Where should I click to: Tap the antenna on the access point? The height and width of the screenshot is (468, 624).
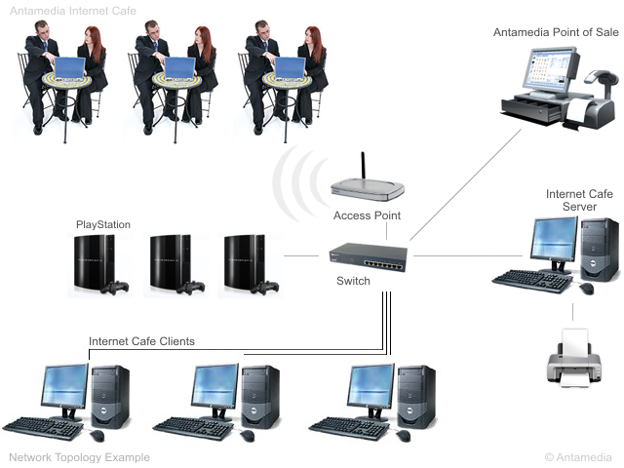point(363,166)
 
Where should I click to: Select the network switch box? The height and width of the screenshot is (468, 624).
point(369,257)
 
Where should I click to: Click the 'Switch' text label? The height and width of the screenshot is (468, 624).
point(353,281)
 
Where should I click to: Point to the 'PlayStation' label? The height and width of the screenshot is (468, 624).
point(103,224)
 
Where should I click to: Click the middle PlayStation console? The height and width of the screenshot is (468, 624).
point(176,264)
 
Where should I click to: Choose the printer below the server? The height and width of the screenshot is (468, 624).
point(574,358)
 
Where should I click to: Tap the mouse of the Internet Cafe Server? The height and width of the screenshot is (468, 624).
point(587,289)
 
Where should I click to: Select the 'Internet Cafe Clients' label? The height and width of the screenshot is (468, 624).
point(141,341)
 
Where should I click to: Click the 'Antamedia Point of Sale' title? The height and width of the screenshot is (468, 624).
point(556,32)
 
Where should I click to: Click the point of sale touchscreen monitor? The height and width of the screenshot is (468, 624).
point(553,70)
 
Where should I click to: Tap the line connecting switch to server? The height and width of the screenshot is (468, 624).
point(468,255)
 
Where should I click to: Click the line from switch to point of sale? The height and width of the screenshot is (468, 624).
point(466,184)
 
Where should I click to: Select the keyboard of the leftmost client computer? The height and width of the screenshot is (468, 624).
point(43,428)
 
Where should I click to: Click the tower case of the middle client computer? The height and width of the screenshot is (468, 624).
point(260,397)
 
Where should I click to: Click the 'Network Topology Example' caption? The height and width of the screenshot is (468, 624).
point(80,457)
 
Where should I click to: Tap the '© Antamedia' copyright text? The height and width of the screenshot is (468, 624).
point(578,457)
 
